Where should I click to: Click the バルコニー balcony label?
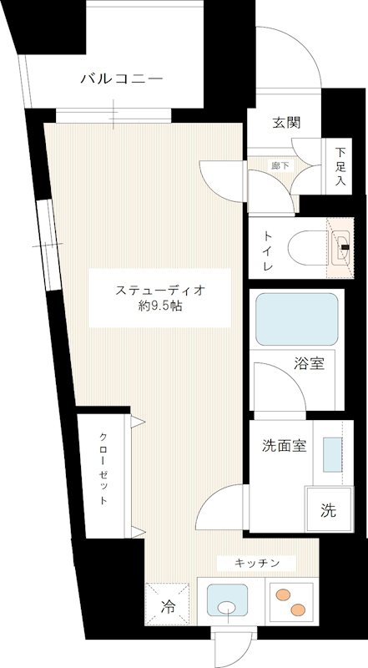pyautogui.click(x=121, y=79)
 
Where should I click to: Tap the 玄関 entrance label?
pyautogui.click(x=285, y=122)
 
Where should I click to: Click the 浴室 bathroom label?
pyautogui.click(x=309, y=363)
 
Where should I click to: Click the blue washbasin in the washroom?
pyautogui.click(x=332, y=455)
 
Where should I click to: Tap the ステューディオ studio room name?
pyautogui.click(x=159, y=290)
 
